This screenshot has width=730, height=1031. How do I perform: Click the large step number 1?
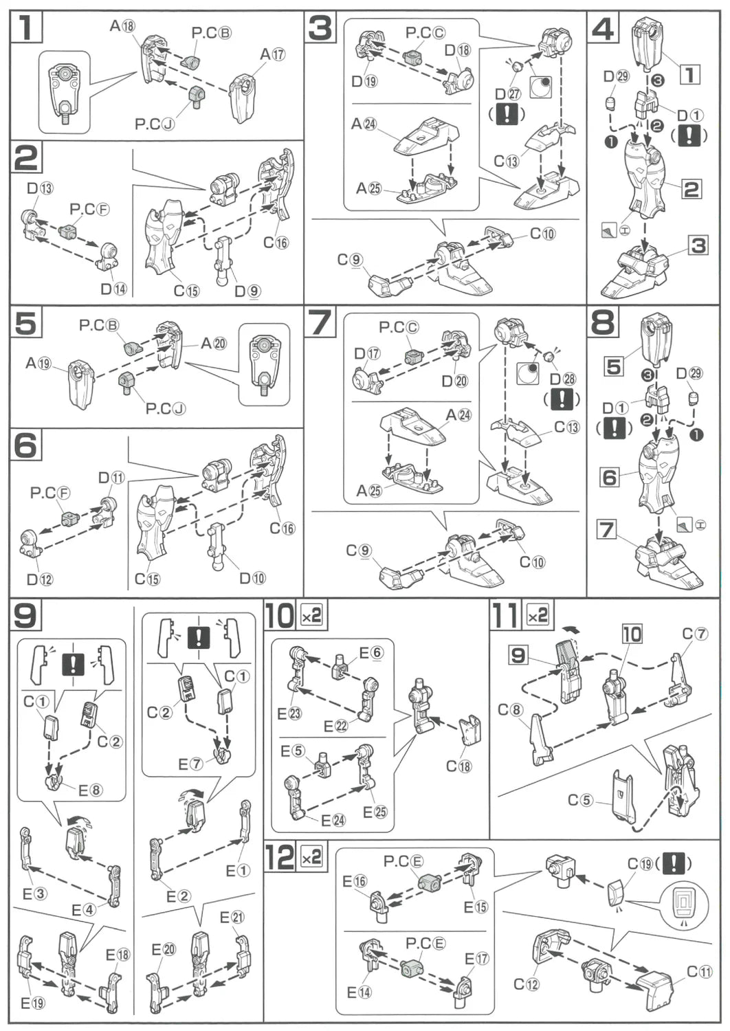[x=26, y=27]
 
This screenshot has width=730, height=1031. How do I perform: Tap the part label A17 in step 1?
[x=273, y=54]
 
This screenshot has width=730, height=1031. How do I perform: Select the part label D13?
[x=40, y=188]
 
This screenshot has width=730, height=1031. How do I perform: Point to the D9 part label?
[x=247, y=291]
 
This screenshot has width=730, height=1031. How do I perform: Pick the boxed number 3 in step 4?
[x=698, y=245]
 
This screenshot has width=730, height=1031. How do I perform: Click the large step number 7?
[x=320, y=322]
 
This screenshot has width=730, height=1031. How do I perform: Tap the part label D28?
[x=562, y=379]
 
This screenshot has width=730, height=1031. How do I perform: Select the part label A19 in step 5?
[x=39, y=362]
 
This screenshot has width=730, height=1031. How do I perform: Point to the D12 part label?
[x=40, y=579]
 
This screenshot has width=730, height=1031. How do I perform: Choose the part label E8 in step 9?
[x=90, y=790]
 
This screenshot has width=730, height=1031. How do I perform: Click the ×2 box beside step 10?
[x=311, y=616]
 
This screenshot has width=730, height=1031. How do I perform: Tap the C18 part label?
[x=459, y=766]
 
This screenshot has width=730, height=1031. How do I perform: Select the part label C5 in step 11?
[x=580, y=799]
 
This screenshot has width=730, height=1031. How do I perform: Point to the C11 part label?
[x=700, y=971]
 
